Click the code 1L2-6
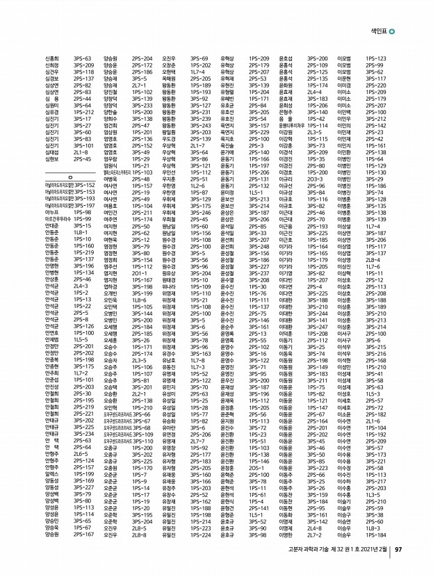point(199,186)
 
